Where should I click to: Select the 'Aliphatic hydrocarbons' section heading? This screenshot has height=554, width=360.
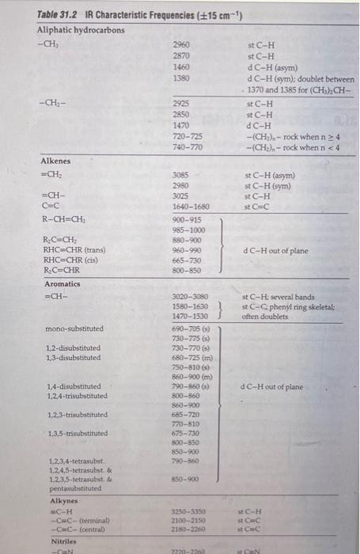[81, 29]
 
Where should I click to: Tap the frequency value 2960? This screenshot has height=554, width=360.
[181, 45]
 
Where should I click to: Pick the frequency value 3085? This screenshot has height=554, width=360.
[181, 176]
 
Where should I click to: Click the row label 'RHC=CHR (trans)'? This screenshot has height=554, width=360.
[75, 251]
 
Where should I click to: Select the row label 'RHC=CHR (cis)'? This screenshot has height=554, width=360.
[71, 261]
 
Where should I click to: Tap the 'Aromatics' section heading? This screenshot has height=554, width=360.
[61, 283]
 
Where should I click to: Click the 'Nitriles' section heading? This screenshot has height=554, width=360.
[53, 540]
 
